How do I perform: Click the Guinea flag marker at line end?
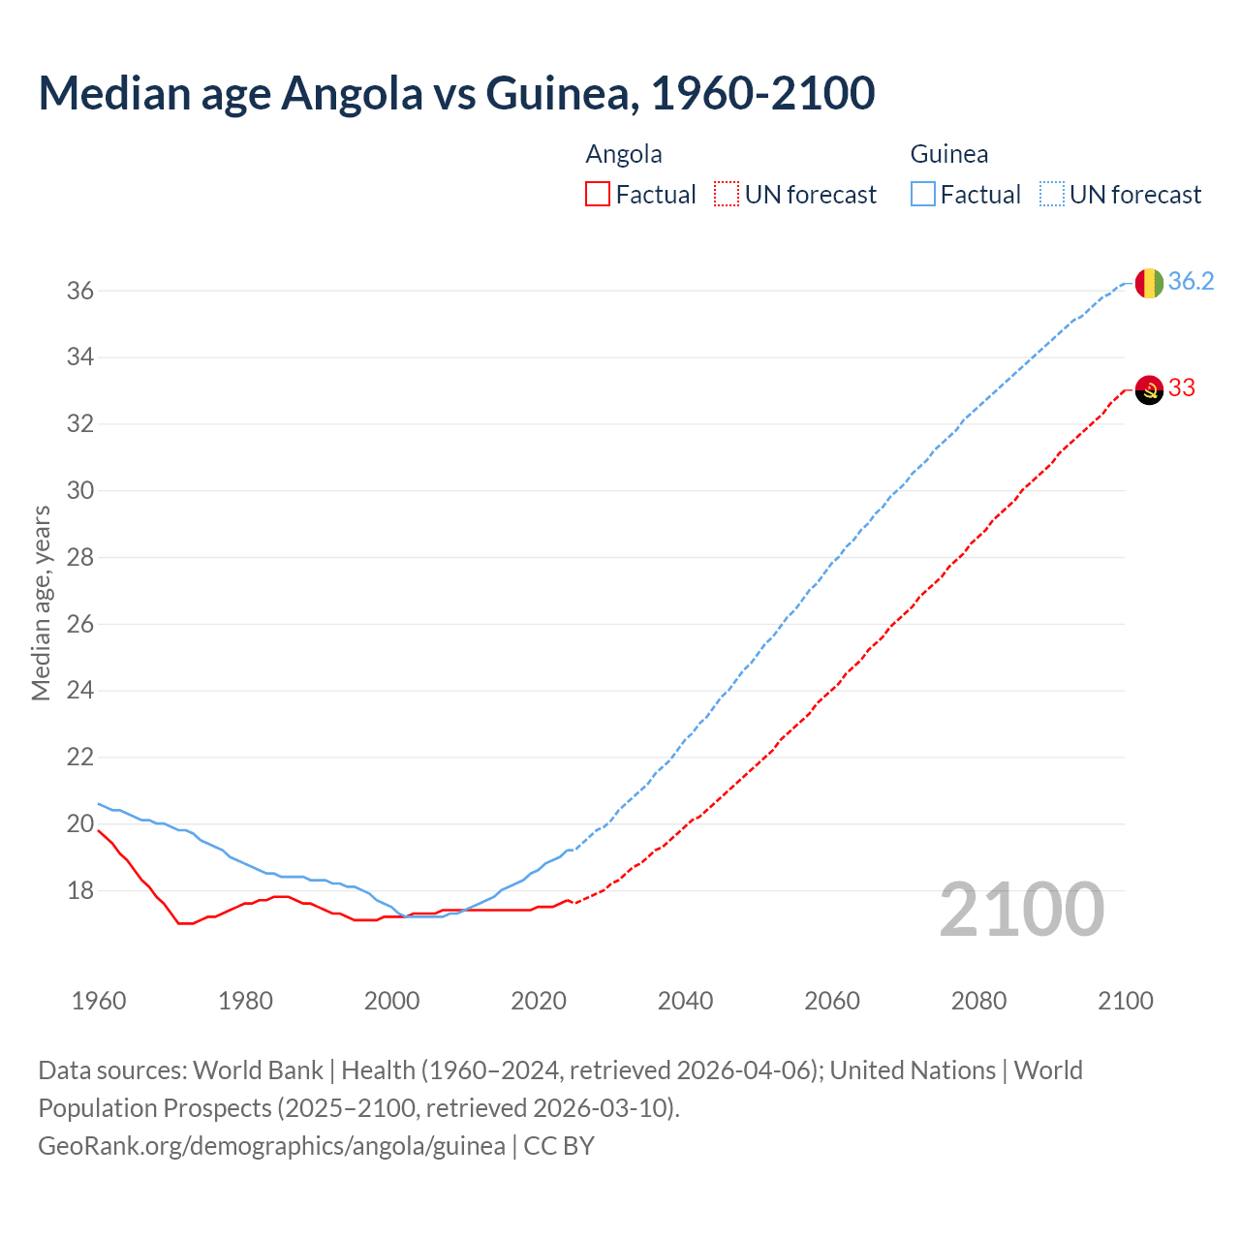pos(1149,283)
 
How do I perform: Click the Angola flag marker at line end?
pos(1149,389)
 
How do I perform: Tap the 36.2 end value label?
pos(1191,282)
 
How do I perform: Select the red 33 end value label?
pos(1182,388)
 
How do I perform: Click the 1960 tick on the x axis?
pos(99,1001)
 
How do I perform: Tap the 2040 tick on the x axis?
pos(685,1001)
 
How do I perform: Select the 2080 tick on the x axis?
pos(978,1001)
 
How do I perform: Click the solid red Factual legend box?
pos(598,195)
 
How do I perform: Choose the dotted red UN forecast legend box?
pos(727,195)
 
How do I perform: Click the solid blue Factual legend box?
pos(923,195)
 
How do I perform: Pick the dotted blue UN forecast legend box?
pos(1052,195)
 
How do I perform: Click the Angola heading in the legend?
pos(624,155)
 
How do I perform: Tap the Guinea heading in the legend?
pos(949,155)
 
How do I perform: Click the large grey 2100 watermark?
pos(1022,910)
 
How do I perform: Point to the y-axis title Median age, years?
pos(42,603)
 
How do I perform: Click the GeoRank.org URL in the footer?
pos(271,1146)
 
